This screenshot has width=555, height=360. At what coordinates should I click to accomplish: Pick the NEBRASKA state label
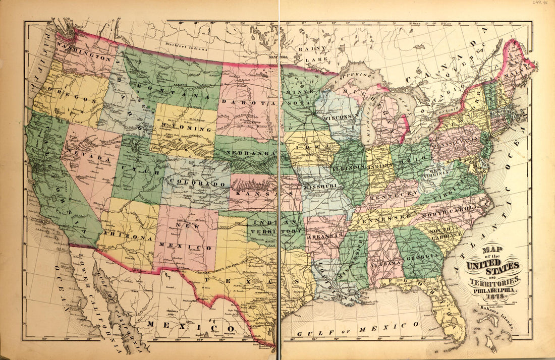point(249,153)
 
